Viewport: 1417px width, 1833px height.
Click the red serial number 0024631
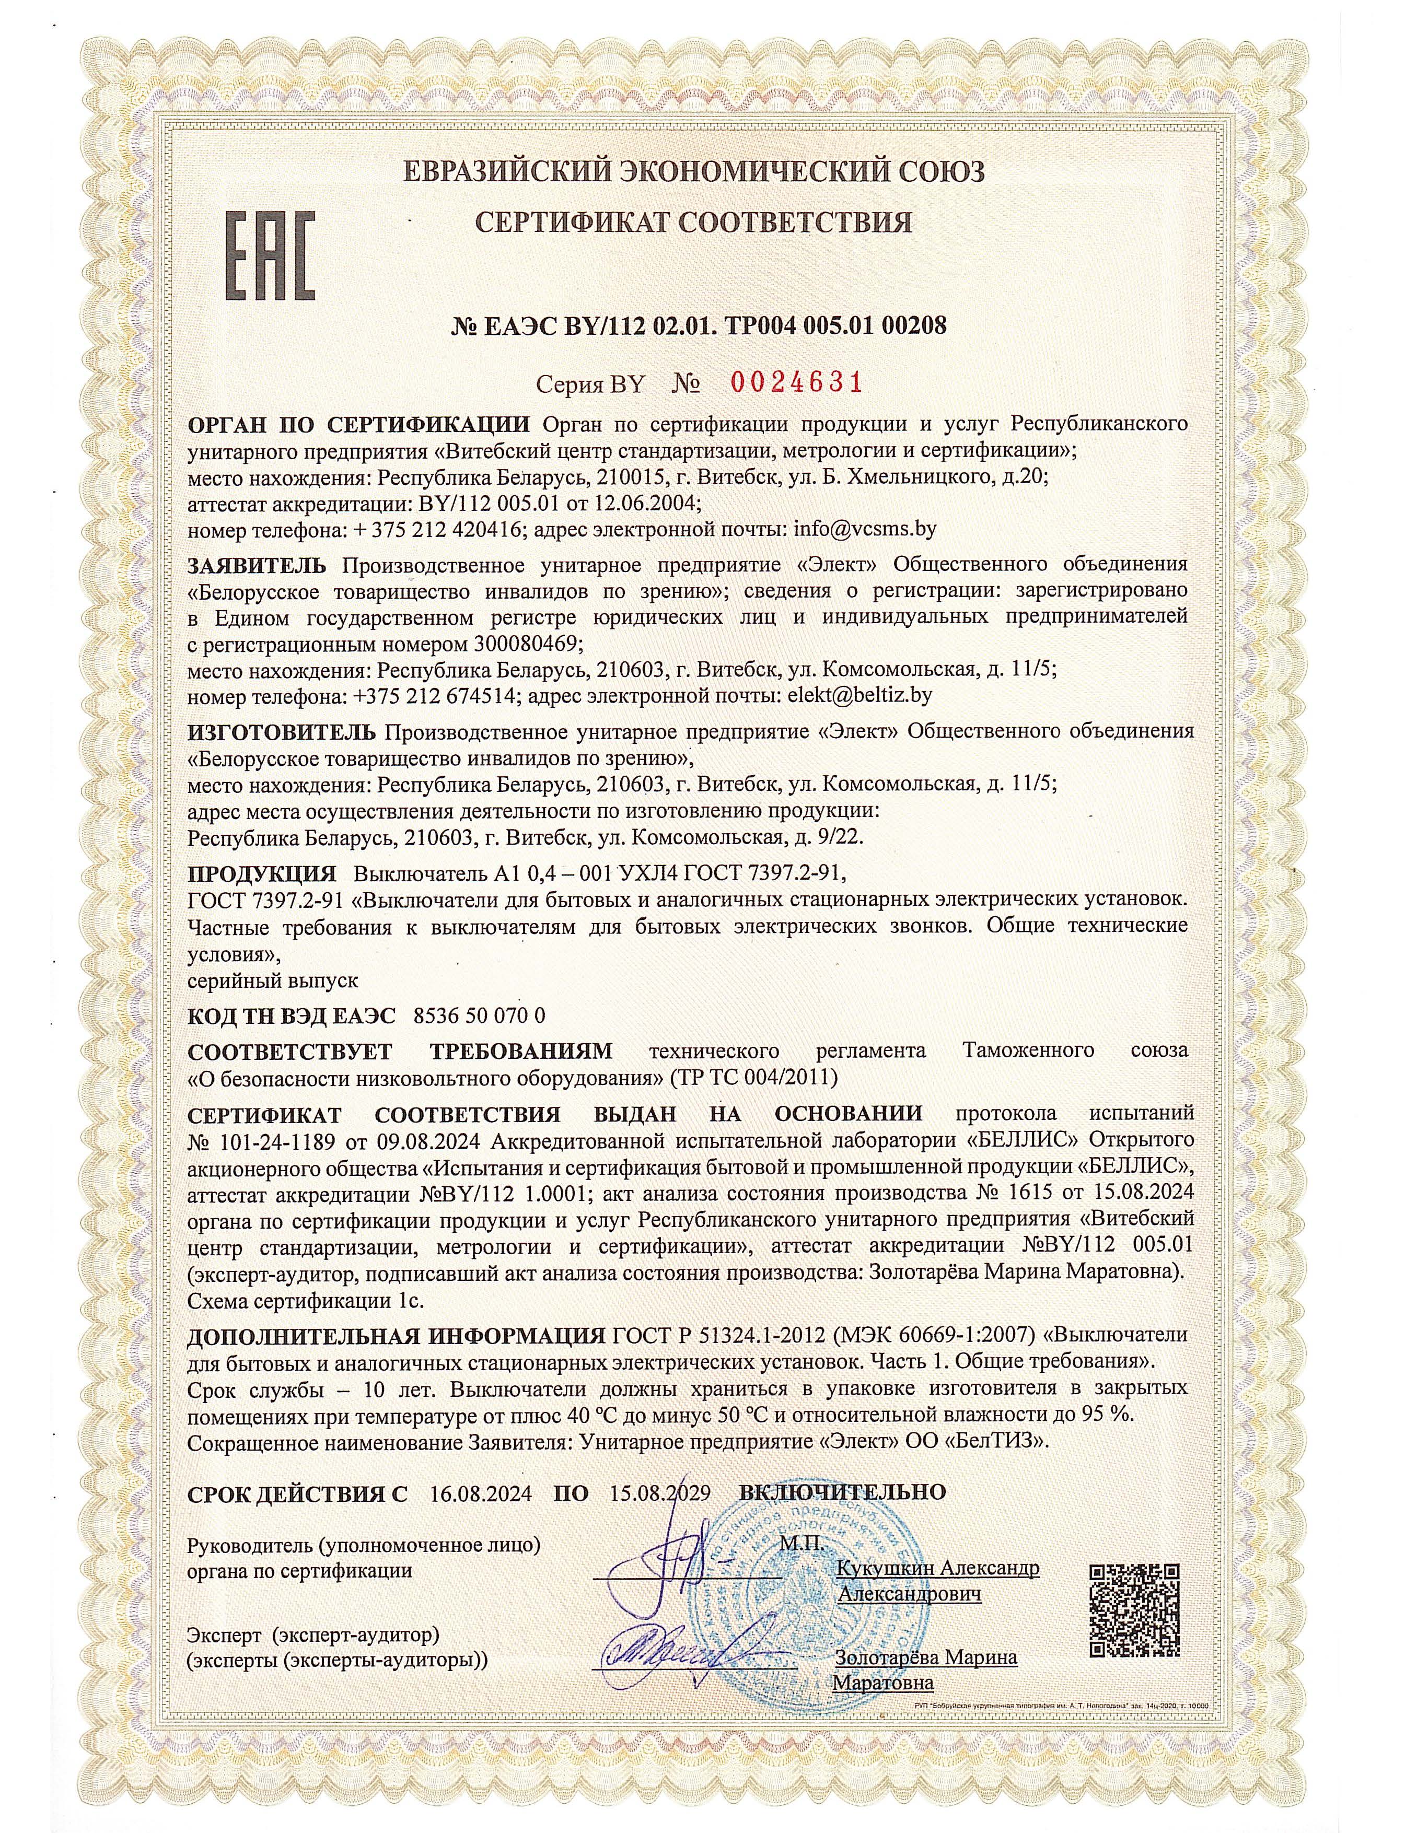pos(797,383)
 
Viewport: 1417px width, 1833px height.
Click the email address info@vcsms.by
pos(865,530)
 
